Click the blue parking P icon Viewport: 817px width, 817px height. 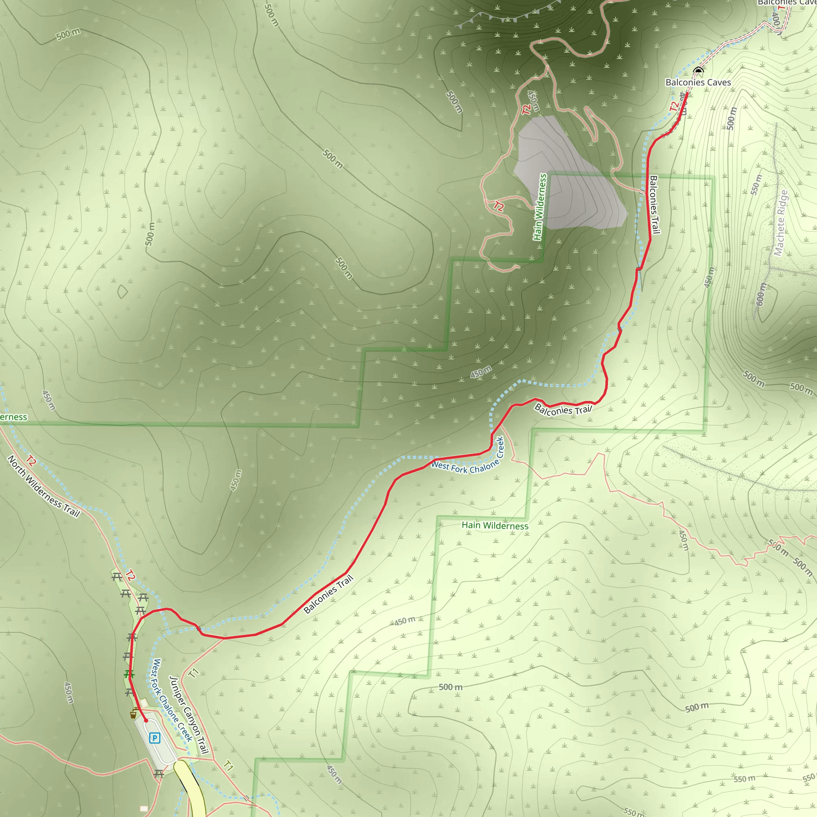pos(155,738)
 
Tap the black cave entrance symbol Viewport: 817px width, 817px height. pos(698,70)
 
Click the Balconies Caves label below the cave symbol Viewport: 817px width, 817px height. pos(698,83)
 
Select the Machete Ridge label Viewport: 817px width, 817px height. pos(781,223)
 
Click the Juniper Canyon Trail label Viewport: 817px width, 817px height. pos(189,714)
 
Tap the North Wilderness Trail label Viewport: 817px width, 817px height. pos(43,486)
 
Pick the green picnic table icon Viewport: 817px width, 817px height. pos(129,674)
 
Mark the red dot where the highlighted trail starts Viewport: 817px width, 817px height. pos(146,720)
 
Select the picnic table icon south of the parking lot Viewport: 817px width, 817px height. pos(159,774)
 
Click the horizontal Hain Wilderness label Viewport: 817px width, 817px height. pos(495,526)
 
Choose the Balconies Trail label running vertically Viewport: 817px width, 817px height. pos(654,205)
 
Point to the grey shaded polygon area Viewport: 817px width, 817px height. pos(566,178)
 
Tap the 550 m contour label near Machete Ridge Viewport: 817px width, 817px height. pos(756,185)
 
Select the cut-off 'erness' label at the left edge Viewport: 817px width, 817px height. pos(13,417)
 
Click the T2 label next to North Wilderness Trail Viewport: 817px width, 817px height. pos(31,460)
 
